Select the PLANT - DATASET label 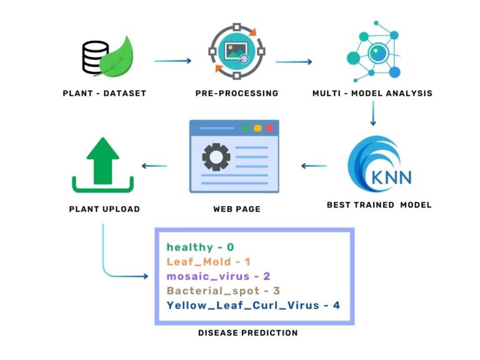pyautogui.click(x=104, y=94)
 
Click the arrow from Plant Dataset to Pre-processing pyautogui.click(x=172, y=61)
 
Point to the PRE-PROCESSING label pyautogui.click(x=236, y=94)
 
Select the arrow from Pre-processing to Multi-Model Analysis pyautogui.click(x=294, y=61)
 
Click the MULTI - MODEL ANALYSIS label pyautogui.click(x=372, y=94)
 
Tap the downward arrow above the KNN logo pyautogui.click(x=372, y=113)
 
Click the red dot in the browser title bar pyautogui.click(x=269, y=128)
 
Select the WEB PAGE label pyautogui.click(x=236, y=209)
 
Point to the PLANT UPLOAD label pyautogui.click(x=104, y=209)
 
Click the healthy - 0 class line pyautogui.click(x=200, y=247)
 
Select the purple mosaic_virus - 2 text pyautogui.click(x=218, y=276)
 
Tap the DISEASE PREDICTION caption pyautogui.click(x=247, y=333)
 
